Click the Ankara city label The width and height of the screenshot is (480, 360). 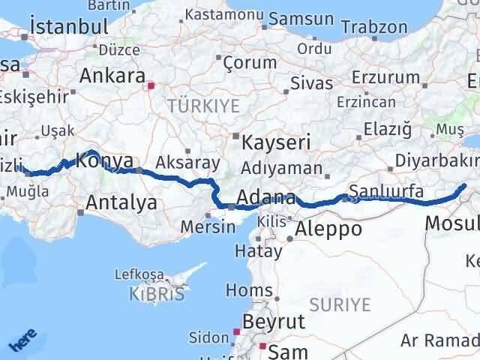point(112,76)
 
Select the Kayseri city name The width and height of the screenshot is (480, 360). point(271,141)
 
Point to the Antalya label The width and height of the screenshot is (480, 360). point(121,202)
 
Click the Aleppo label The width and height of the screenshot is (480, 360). point(329,229)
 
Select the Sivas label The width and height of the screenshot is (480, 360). point(312,82)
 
